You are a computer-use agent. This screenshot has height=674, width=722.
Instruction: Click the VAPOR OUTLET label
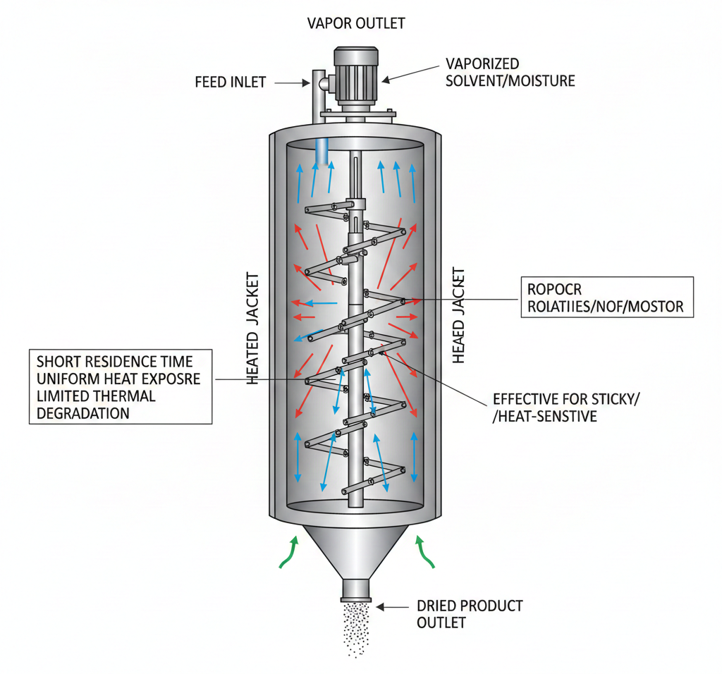click(356, 23)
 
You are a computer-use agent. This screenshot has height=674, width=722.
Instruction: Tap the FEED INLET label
click(230, 82)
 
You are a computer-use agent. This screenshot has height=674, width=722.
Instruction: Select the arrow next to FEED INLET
click(288, 83)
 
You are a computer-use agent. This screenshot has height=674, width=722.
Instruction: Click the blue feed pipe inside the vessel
click(322, 152)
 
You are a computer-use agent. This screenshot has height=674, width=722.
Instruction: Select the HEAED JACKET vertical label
click(459, 314)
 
